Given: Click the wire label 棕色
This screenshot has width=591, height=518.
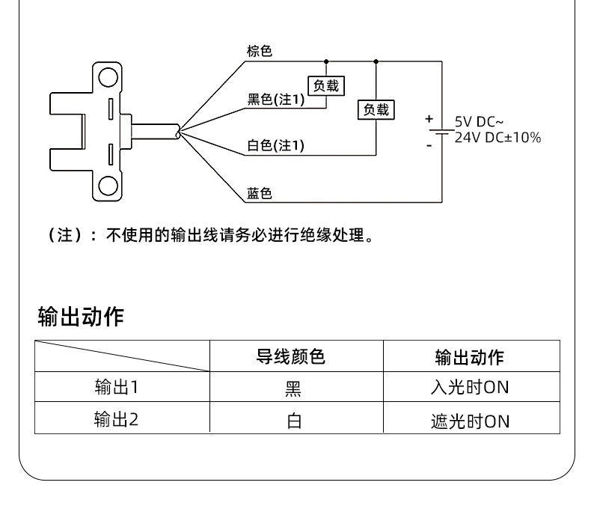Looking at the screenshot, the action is point(260,51).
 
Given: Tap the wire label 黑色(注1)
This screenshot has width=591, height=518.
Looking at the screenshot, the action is point(275,100).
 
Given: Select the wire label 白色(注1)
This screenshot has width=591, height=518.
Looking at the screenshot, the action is point(275,145).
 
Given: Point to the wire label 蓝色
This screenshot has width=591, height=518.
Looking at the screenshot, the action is point(260,193).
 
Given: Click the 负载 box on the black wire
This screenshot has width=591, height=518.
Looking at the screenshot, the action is point(326,85).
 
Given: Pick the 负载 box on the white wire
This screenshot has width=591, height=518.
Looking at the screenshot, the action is point(376,110).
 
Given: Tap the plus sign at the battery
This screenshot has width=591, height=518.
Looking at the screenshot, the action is point(429,119).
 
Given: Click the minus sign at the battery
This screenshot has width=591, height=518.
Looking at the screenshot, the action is point(429,145).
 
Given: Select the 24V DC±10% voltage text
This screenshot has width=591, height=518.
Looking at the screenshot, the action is point(498,137).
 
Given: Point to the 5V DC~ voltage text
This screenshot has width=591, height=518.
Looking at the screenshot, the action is point(479,122).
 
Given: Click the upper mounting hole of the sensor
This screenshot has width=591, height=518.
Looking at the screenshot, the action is point(108,77).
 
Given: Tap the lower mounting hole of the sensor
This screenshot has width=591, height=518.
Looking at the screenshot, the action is point(108,186).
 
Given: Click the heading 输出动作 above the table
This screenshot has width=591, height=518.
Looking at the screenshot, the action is point(81,316).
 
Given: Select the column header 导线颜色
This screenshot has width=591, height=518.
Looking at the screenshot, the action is point(290,356).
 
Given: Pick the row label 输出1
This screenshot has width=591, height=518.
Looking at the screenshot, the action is point(117,387).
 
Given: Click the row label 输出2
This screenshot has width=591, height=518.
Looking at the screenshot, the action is point(117,419).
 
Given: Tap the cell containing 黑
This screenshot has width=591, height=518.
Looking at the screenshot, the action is point(293,388).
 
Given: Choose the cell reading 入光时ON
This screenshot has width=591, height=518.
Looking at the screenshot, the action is point(470,387).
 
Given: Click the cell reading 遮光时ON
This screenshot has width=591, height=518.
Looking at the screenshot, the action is point(470,421).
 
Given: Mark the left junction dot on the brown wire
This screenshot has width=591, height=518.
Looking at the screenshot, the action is point(326,61).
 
